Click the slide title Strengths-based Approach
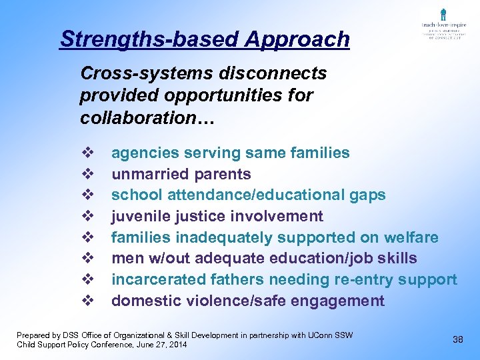(205, 39)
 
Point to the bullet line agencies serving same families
(230, 153)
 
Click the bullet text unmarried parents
(181, 175)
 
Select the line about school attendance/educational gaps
(248, 195)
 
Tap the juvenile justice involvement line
(217, 217)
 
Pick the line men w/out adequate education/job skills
(264, 259)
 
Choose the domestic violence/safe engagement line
(247, 301)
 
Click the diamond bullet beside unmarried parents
(85, 175)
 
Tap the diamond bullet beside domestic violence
(85, 301)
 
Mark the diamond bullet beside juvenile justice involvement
(85, 217)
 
